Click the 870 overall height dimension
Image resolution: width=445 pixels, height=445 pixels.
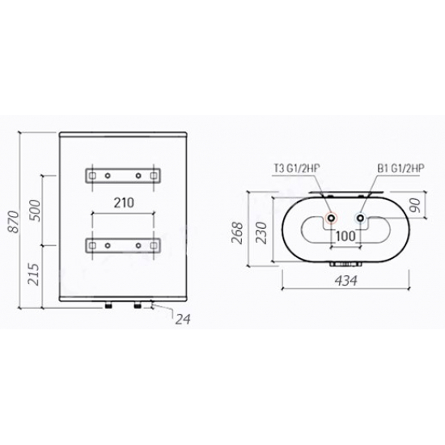pos(15,222)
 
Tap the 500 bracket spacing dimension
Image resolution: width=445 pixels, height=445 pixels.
pos(36,210)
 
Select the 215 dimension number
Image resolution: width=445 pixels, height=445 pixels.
pos(33,274)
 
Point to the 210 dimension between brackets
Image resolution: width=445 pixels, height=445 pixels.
pos(124,202)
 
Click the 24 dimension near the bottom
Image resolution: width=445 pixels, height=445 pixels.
pos(183,320)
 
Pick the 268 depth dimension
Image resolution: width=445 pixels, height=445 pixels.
pos(237,233)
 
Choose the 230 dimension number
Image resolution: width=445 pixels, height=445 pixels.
pos(261,233)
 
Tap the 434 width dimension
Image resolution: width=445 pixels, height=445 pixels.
pos(346,281)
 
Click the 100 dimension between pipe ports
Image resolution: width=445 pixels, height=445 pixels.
pos(345,235)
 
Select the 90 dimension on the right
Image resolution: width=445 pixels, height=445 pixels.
pos(415,205)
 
